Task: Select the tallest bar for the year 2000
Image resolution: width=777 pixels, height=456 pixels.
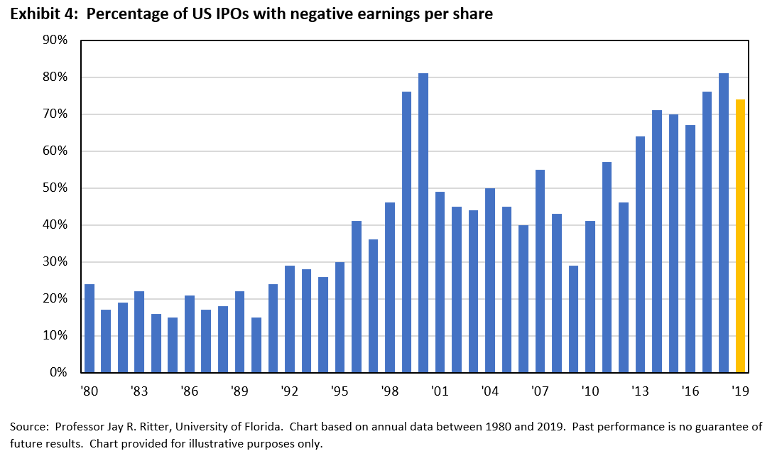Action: point(423,223)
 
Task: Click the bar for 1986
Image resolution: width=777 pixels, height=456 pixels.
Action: point(190,334)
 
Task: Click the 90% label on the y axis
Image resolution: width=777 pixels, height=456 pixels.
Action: point(55,40)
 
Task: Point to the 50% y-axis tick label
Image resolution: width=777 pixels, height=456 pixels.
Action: point(55,188)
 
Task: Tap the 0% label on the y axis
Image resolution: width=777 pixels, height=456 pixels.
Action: point(58,372)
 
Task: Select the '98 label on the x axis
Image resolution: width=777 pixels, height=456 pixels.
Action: point(389,391)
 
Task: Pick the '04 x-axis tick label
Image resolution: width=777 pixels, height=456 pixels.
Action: point(489,391)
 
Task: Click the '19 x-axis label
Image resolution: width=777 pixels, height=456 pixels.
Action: point(740,391)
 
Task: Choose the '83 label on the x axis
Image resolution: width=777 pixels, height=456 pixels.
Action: point(139,391)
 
